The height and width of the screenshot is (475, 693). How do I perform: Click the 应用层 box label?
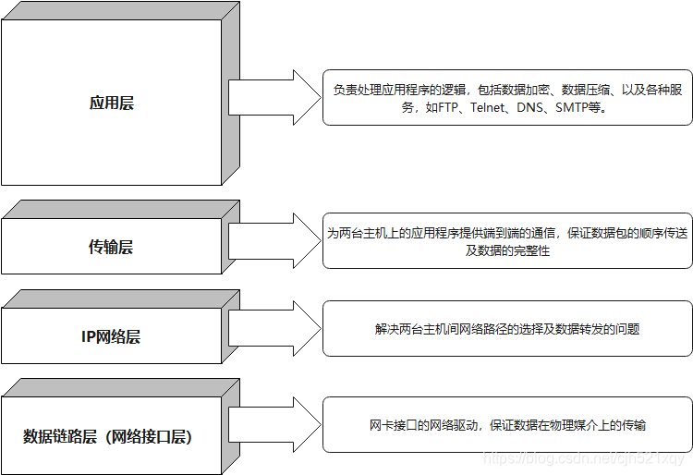coord(111,104)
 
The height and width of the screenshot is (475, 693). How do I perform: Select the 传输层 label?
coord(111,247)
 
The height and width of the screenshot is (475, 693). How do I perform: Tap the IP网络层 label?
coord(111,337)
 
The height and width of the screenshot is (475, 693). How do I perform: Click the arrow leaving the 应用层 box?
coord(274,97)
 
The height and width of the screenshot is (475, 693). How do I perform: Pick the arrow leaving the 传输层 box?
coord(274,240)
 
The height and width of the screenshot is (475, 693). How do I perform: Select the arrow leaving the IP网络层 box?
coord(274,328)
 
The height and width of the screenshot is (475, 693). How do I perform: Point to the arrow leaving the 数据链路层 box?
coord(274,425)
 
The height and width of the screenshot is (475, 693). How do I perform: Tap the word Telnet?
coord(489,107)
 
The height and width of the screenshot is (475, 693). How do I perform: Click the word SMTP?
coord(573,107)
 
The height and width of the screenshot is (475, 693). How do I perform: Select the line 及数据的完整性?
coord(507,250)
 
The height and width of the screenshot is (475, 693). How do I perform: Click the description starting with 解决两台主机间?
coord(507,328)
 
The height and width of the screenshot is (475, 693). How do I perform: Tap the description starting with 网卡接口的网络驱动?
coord(507,425)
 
